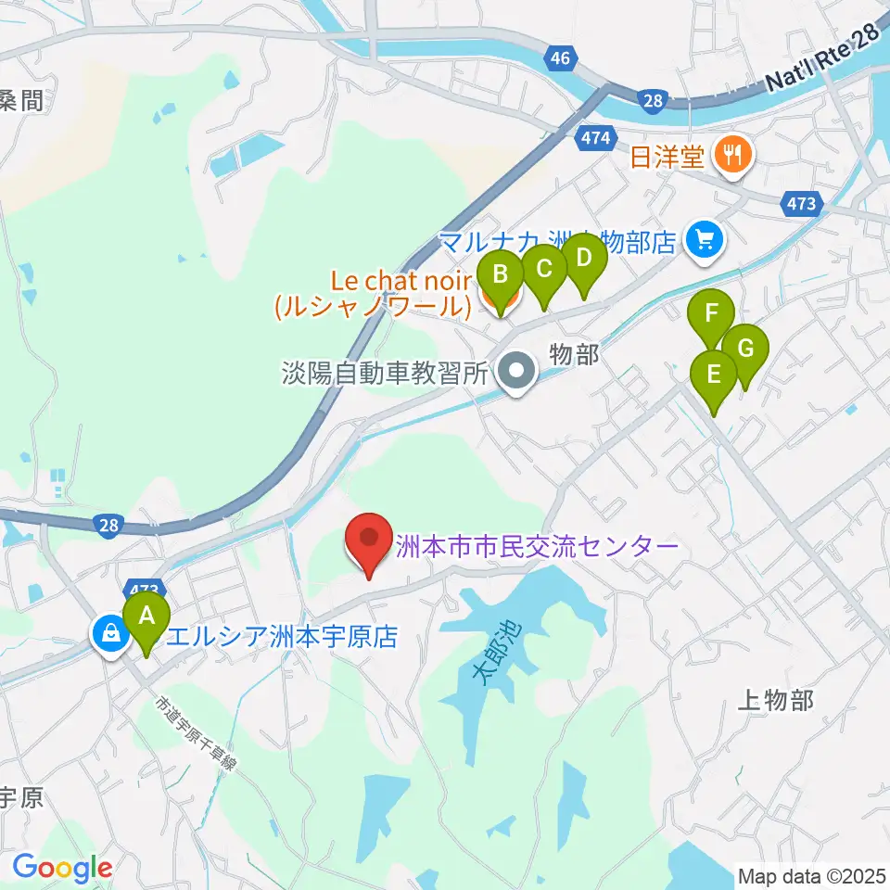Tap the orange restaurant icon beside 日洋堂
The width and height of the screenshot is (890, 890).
[733, 156]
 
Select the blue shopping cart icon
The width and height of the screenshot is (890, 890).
[703, 241]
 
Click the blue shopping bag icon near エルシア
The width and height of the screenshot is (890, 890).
[110, 635]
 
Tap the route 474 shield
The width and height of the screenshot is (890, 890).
[593, 139]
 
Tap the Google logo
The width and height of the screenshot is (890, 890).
[62, 868]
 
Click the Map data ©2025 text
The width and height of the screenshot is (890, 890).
[810, 874]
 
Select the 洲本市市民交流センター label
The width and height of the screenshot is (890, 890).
[537, 546]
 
